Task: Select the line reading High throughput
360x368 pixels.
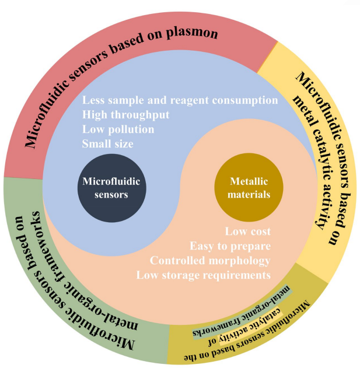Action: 125,115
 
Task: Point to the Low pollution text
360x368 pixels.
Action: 118,129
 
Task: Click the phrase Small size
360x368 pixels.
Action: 107,143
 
